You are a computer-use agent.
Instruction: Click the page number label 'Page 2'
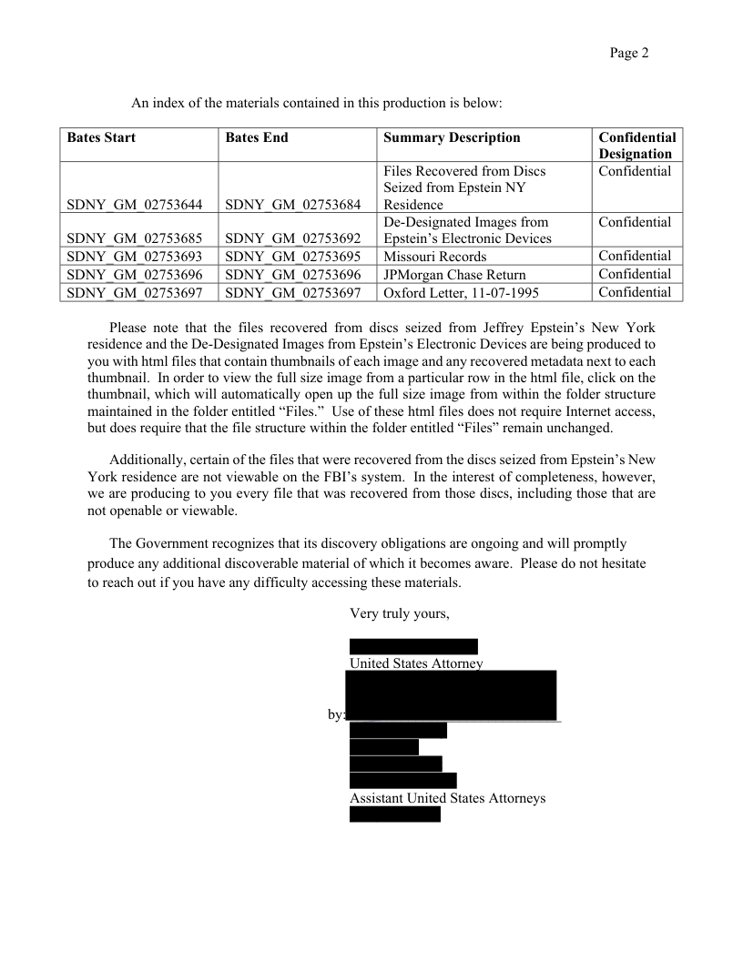point(628,53)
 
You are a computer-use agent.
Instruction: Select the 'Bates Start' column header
point(101,137)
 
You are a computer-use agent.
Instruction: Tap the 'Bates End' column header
point(256,137)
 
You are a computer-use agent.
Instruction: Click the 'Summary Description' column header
point(452,137)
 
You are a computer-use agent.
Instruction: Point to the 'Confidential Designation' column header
point(636,146)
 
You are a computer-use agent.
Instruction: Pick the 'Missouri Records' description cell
point(435,257)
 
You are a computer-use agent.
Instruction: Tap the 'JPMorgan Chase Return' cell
point(454,275)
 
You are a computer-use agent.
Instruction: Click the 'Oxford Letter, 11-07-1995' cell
point(463,293)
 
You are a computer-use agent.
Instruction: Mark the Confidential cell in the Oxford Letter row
point(635,292)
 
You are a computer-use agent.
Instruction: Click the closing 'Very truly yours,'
point(400,613)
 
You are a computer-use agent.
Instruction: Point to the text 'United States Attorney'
point(415,663)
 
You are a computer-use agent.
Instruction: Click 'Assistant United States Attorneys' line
point(447,798)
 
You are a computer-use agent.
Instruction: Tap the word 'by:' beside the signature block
point(336,714)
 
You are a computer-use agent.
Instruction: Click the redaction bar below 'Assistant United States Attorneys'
point(394,814)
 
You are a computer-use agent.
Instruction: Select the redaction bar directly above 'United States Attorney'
point(413,646)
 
